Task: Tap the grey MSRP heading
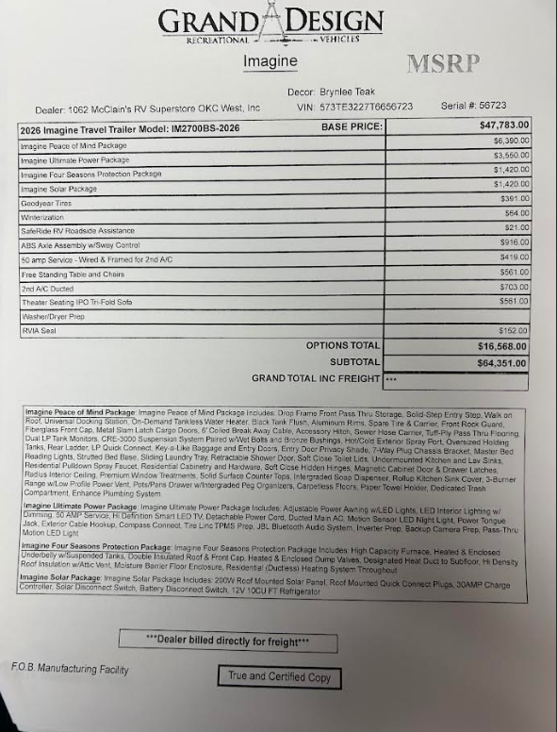tap(443, 63)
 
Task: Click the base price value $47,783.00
tap(504, 125)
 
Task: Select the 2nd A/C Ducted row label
tap(48, 289)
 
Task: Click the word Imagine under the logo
tap(270, 61)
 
